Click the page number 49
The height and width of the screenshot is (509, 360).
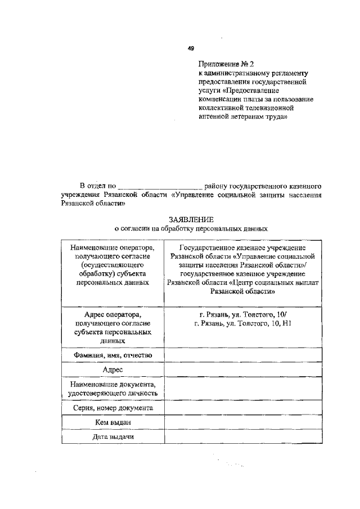click(191, 49)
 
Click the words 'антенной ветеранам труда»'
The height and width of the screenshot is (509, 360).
click(242, 118)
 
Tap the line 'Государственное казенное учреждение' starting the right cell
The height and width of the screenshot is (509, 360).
click(242, 248)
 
